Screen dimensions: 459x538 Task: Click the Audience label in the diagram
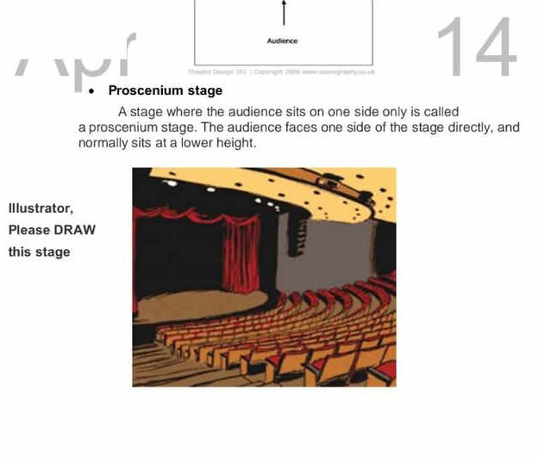[x=283, y=40]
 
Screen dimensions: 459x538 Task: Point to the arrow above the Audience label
[x=283, y=15]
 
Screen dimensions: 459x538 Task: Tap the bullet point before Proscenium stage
[x=91, y=90]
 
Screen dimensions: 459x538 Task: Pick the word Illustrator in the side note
[x=40, y=208]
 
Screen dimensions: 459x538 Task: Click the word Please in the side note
[x=29, y=230]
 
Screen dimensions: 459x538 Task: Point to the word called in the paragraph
[x=441, y=112]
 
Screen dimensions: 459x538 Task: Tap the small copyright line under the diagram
[x=281, y=71]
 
